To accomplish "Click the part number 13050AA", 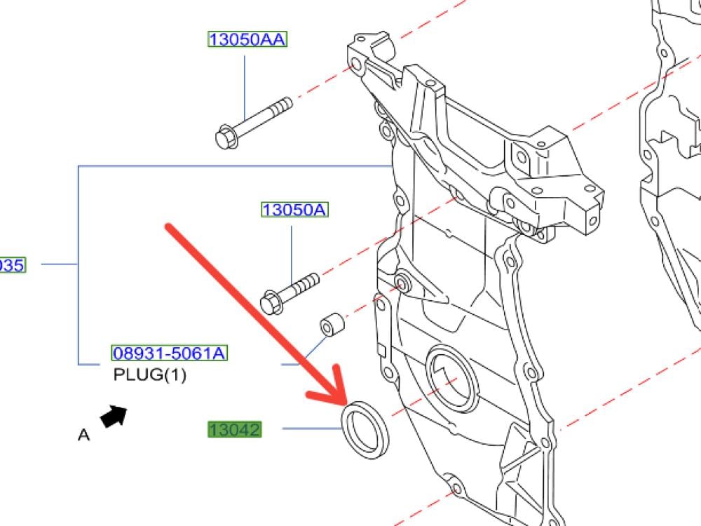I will click(x=247, y=39).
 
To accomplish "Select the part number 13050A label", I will click(x=294, y=209).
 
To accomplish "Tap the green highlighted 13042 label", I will click(x=234, y=429).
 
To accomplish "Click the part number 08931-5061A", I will click(x=169, y=353).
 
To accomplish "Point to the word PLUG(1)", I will click(x=150, y=375).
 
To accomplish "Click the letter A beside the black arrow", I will click(x=83, y=435).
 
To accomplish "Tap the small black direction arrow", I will click(x=114, y=416).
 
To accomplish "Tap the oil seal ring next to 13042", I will click(x=365, y=430).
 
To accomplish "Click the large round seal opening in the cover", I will click(x=451, y=379).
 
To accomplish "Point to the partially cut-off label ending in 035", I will click(x=12, y=264).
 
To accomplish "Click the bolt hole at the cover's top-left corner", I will click(x=355, y=66).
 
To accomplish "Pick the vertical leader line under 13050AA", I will click(x=245, y=84).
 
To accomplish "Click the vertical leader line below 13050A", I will click(x=292, y=245).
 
